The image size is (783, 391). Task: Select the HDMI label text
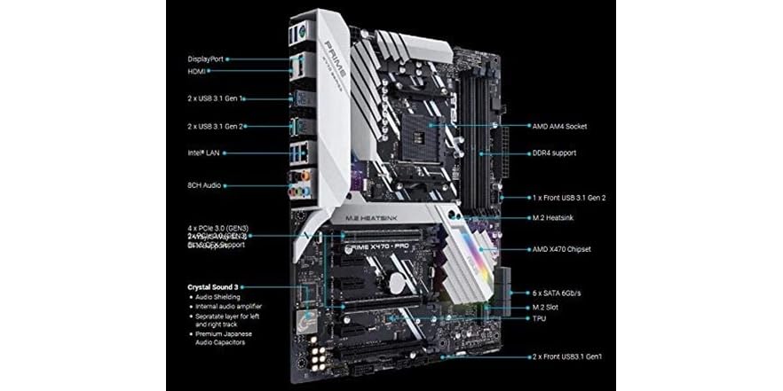coord(197,71)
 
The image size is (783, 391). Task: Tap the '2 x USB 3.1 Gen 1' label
coord(217,98)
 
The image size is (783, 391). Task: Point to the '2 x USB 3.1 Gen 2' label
coord(217,126)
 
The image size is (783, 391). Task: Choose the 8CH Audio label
coord(204,185)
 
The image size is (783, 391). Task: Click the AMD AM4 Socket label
coord(559,127)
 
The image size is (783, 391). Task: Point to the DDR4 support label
coord(553,153)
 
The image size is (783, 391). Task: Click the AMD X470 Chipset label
coord(561,249)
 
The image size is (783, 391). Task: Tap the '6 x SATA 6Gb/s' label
coord(558,293)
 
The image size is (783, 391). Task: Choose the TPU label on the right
coord(539,317)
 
